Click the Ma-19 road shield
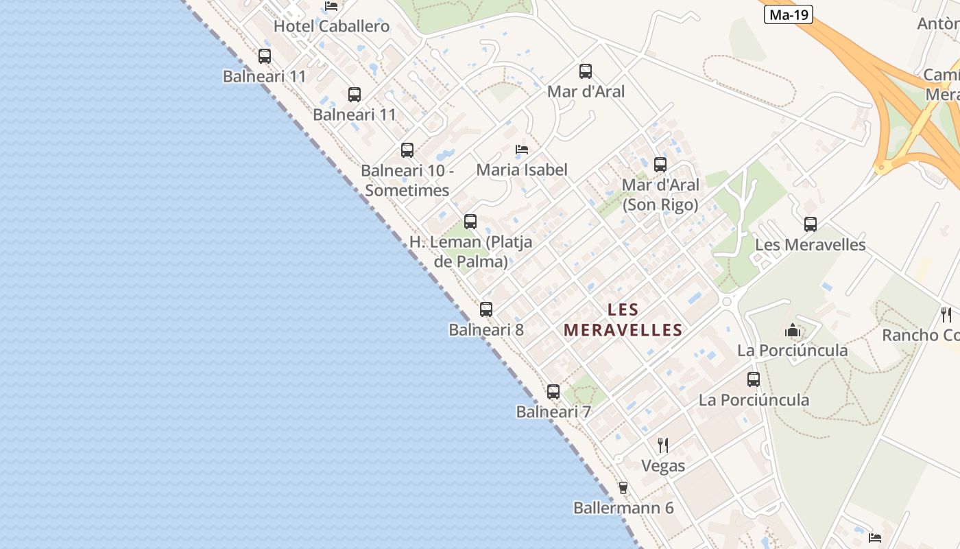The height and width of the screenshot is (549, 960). [788, 14]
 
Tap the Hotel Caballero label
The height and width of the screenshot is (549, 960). [331, 27]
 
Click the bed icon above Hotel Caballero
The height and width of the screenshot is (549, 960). [331, 6]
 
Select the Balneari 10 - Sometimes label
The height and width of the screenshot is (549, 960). [407, 180]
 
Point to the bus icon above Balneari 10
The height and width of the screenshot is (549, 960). [407, 150]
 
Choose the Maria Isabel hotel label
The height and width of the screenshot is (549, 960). [522, 170]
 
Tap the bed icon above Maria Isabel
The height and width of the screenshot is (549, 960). [522, 150]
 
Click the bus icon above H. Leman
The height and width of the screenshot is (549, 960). [470, 222]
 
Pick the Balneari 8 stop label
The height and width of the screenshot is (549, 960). [486, 330]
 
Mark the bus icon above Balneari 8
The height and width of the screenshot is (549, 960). [486, 309]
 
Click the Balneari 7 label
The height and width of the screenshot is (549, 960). [553, 412]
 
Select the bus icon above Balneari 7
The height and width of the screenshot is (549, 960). [553, 392]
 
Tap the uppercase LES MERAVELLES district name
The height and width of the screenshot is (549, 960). [623, 320]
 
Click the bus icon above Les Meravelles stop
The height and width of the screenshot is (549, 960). [811, 224]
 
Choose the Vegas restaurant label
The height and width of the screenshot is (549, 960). [663, 466]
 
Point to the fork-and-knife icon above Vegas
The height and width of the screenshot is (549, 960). [663, 445]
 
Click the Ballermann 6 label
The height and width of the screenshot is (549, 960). [623, 509]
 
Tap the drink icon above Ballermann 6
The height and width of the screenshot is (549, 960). [623, 488]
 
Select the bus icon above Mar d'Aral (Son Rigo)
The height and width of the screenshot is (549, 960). [660, 165]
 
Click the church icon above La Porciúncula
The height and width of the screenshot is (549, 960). [793, 331]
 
